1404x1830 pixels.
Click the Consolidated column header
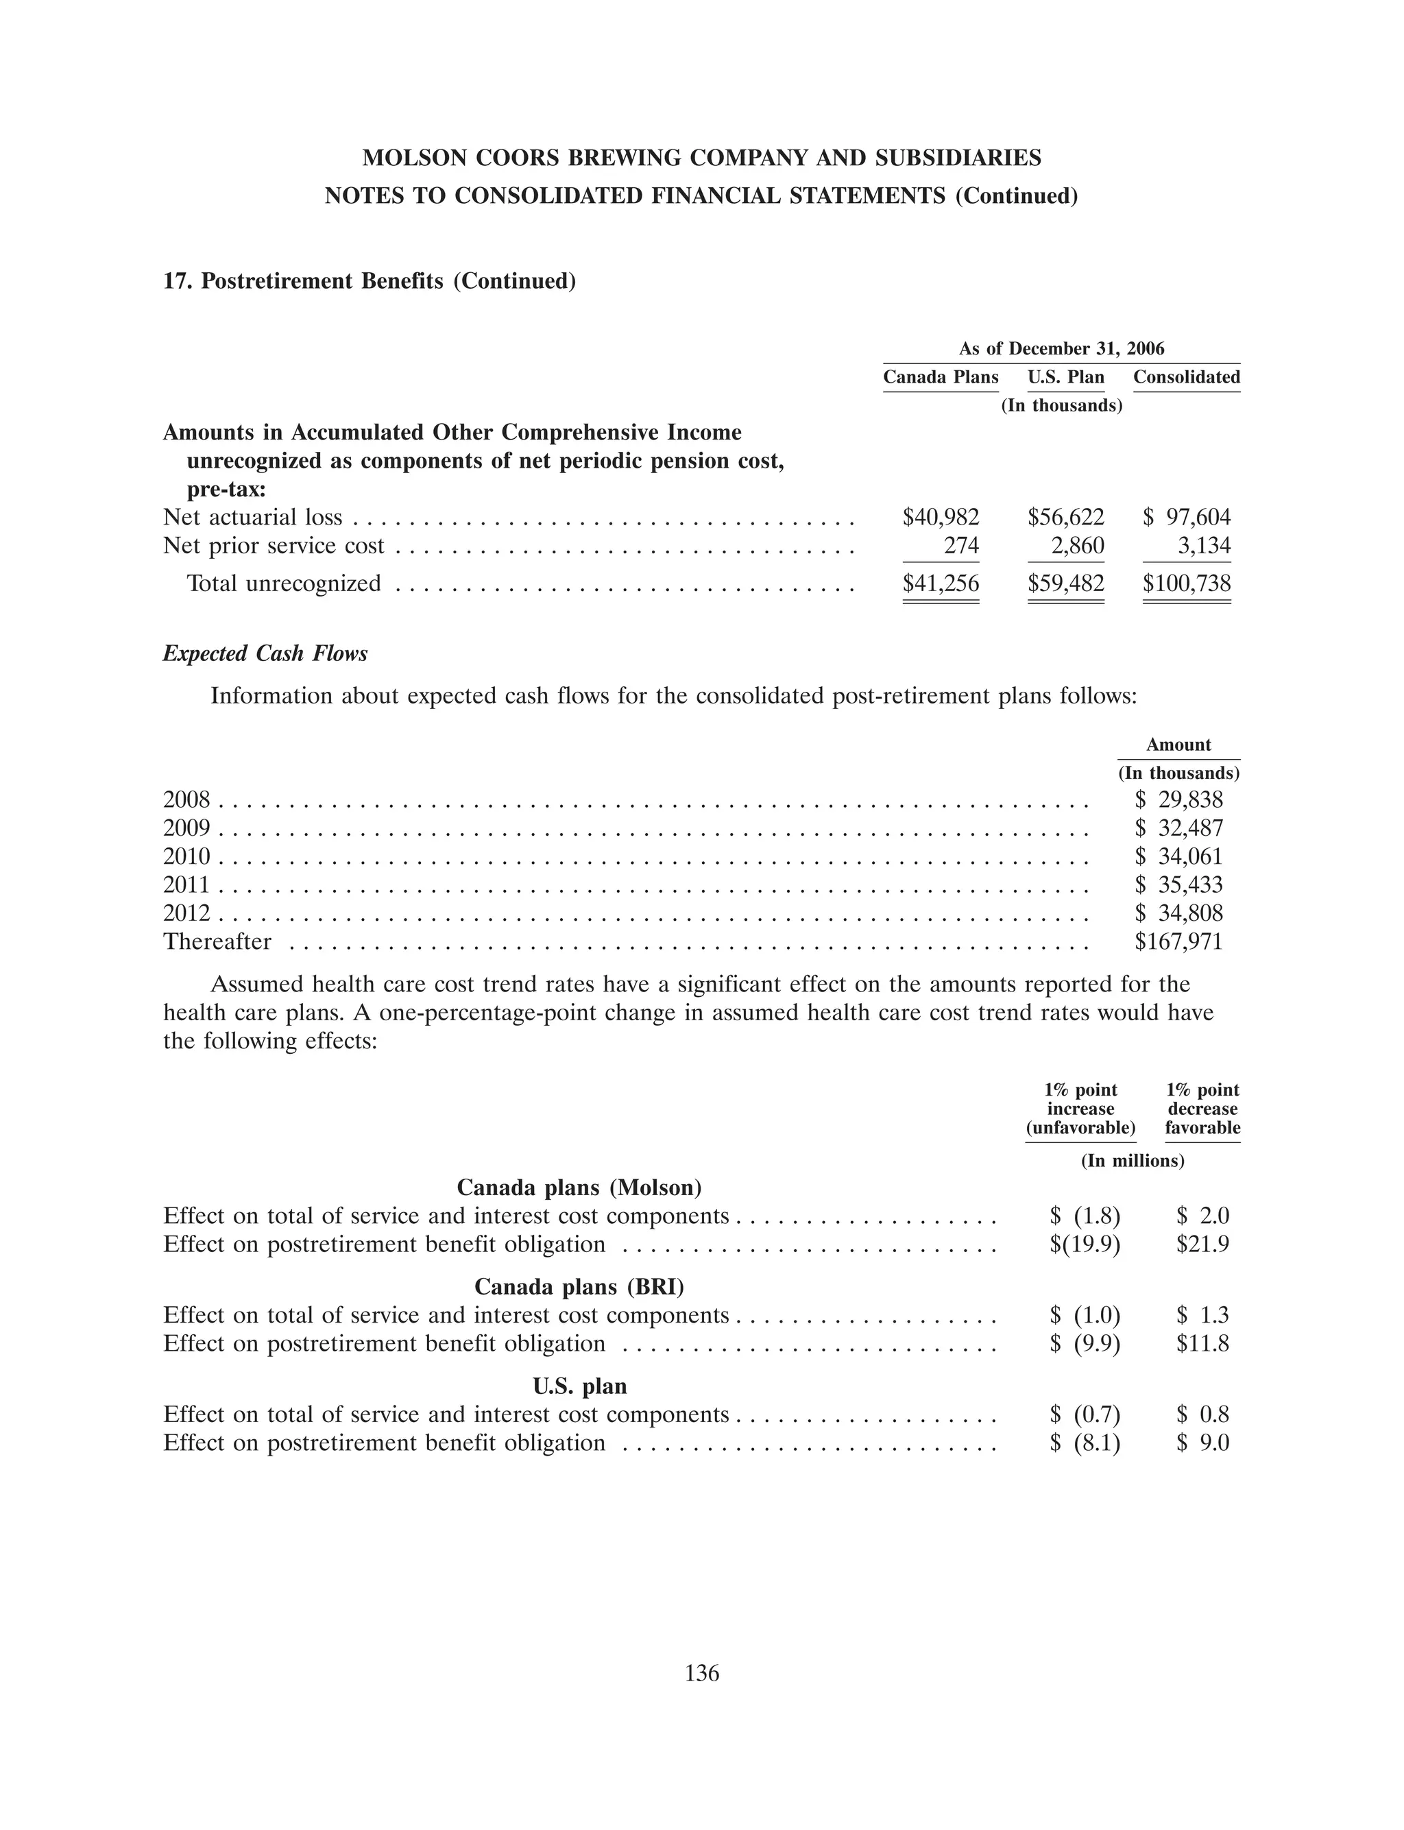[1186, 377]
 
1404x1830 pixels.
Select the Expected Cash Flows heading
[265, 653]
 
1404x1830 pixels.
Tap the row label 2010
[186, 856]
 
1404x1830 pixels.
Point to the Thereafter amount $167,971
[1178, 941]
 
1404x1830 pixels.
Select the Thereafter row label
[217, 941]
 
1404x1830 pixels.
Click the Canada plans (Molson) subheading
[579, 1188]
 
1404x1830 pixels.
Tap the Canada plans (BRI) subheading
[579, 1286]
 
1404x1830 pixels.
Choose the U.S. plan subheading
[579, 1386]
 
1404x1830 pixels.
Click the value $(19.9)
[1085, 1244]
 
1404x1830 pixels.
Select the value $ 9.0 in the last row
[1202, 1443]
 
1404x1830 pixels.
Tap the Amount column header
[1178, 745]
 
